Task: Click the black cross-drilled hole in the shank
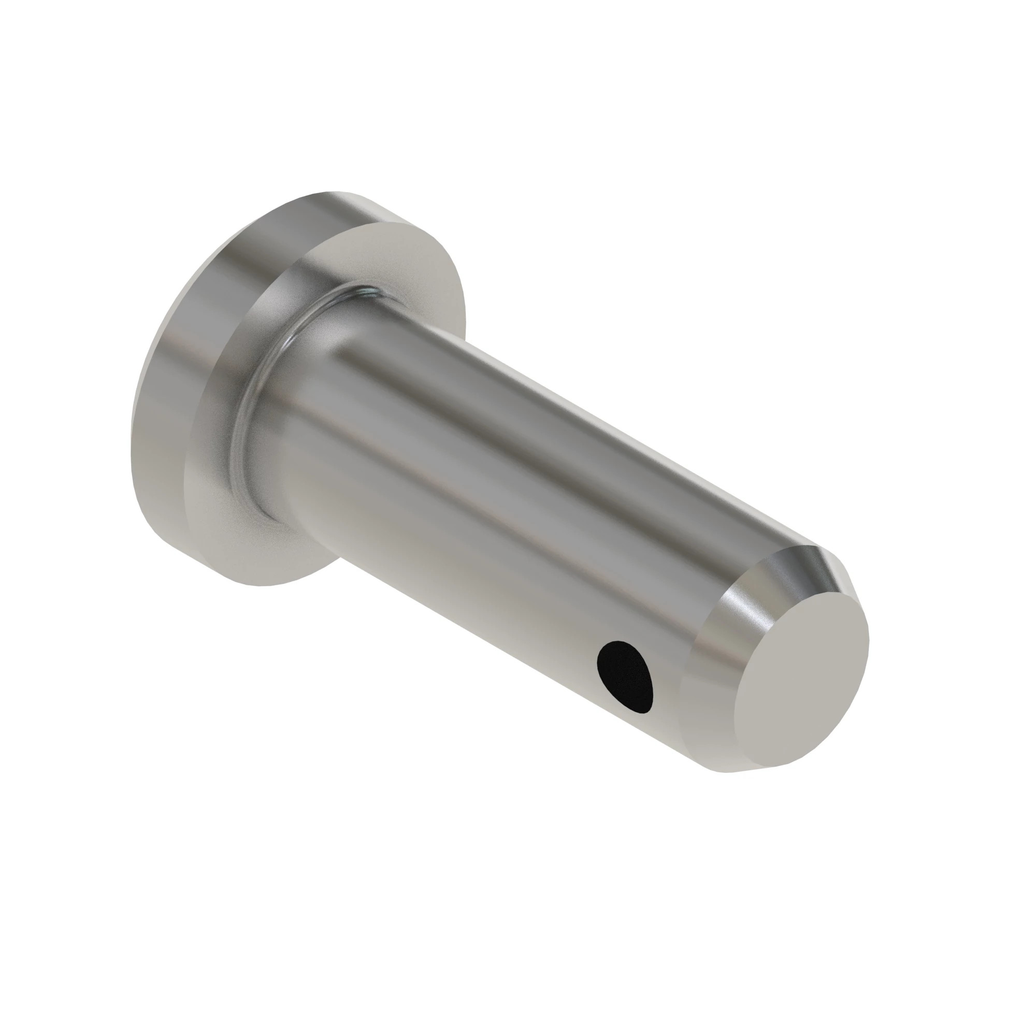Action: [x=626, y=677]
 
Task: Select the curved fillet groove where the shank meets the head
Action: [x=252, y=408]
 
